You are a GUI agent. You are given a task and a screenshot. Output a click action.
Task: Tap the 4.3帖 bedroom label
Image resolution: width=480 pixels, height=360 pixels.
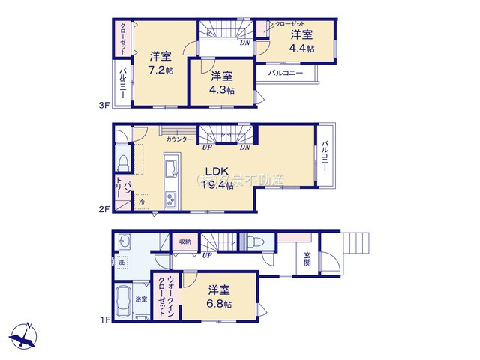click(221, 82)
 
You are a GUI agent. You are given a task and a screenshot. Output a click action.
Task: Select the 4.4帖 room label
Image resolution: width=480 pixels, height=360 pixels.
click(302, 41)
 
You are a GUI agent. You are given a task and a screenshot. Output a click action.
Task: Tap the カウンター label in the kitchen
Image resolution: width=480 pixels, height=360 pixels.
click(179, 139)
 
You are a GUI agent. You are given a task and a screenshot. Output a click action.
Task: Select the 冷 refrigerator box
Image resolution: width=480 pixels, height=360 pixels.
click(142, 201)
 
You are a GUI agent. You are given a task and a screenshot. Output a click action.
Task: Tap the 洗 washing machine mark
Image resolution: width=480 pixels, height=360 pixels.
click(121, 262)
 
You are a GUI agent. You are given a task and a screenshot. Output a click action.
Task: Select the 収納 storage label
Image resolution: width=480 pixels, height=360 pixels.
click(184, 241)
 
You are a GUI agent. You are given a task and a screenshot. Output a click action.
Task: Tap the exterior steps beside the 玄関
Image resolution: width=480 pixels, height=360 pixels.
click(355, 244)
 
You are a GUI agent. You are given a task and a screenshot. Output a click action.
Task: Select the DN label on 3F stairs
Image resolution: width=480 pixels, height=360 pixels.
click(244, 43)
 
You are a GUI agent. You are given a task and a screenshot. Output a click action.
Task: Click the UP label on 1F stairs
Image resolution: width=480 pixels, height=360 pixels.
click(206, 255)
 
